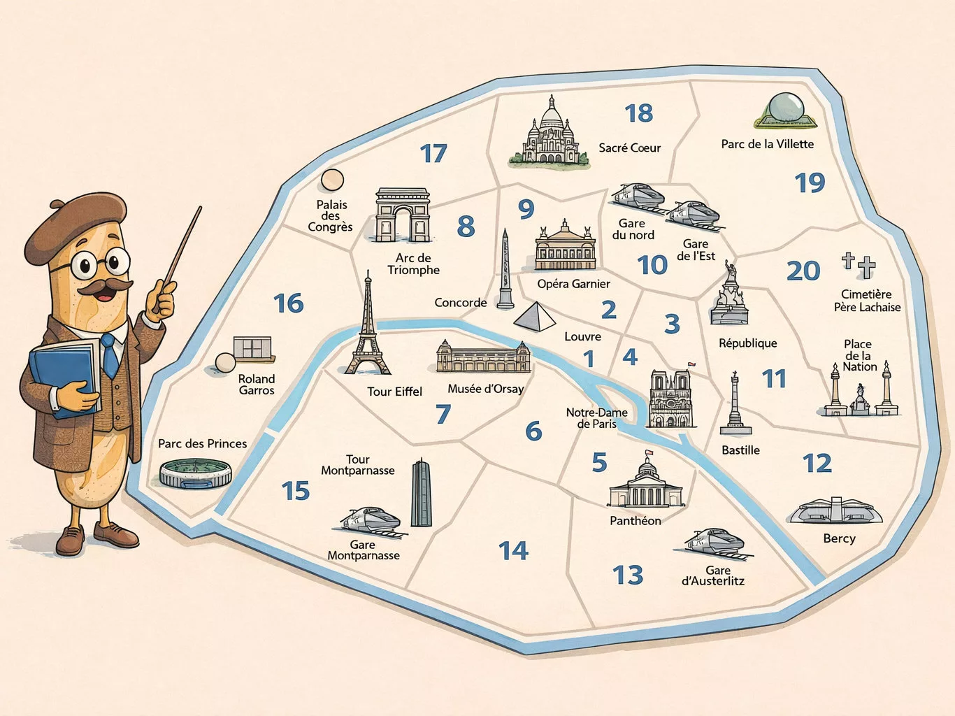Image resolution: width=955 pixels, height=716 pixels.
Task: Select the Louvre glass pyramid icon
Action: point(535,316)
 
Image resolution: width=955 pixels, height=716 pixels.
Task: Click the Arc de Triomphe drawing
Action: point(402,215)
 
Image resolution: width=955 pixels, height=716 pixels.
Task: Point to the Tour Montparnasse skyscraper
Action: point(421,493)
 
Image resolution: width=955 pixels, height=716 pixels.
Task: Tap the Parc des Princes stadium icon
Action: point(195,473)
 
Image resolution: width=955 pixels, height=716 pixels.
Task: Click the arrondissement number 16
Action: point(288,303)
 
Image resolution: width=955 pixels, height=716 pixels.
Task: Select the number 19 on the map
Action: point(810,183)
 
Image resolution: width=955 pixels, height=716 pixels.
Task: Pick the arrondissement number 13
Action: point(627,575)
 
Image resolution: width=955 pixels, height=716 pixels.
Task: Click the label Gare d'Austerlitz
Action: point(713,575)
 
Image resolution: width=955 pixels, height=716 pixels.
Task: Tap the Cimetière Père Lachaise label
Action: point(867,301)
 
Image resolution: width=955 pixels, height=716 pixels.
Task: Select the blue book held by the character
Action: point(63,378)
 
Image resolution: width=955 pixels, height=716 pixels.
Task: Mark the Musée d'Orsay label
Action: point(485,389)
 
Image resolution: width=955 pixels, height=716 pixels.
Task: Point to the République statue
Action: point(730,295)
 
